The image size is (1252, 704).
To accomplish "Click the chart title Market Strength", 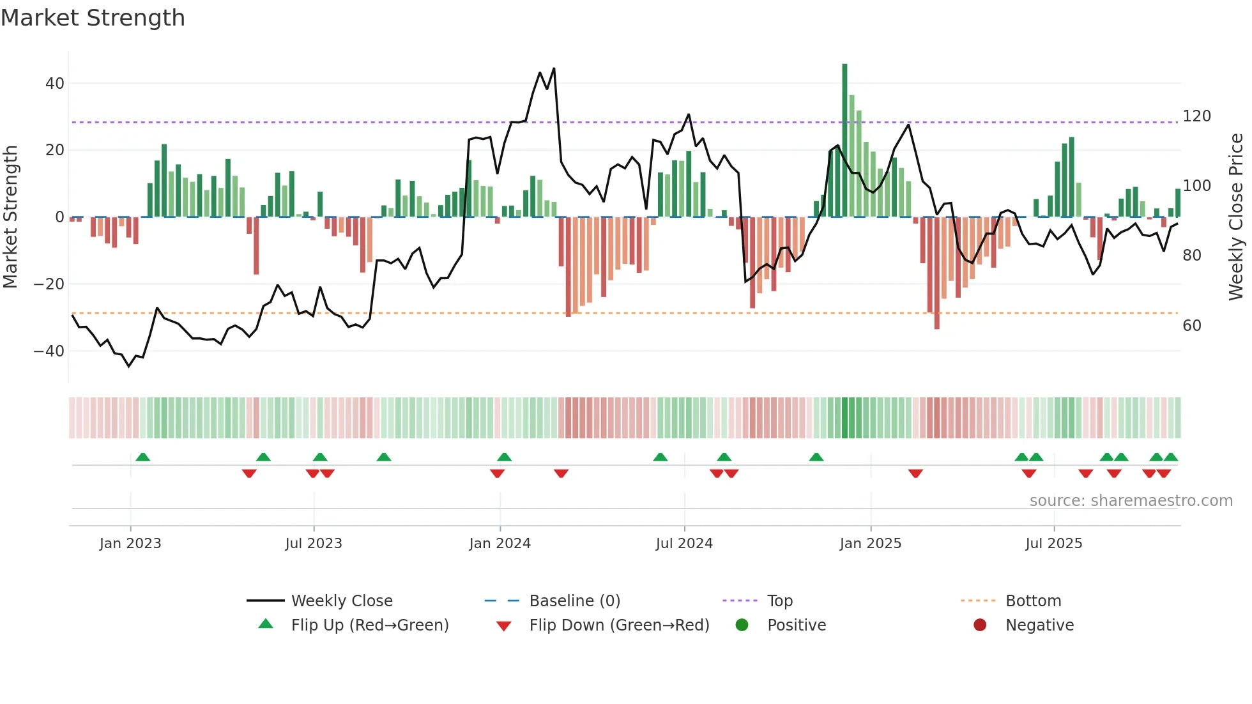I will (93, 18).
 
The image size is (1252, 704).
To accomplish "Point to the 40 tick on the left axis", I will (55, 84).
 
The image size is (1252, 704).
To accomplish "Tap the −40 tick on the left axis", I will (49, 351).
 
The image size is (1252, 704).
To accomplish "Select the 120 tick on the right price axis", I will (1196, 116).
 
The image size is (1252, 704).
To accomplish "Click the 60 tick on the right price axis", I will (1192, 326).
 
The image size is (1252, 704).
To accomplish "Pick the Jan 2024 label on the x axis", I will (500, 544).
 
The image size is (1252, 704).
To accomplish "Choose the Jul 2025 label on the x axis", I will (1053, 544).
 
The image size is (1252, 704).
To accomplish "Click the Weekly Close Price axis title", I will (1236, 217).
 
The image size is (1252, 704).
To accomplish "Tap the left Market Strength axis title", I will (11, 217).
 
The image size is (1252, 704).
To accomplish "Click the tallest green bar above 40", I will (844, 141).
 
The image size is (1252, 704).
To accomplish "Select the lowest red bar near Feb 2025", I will (936, 275).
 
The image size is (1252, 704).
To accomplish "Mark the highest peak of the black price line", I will (554, 68).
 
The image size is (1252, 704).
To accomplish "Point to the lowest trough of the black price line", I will (129, 366).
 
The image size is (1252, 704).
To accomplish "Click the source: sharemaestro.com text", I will (1131, 501).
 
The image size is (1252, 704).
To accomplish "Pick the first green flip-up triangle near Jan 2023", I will (143, 457).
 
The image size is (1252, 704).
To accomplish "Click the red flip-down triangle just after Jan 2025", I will (915, 473).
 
